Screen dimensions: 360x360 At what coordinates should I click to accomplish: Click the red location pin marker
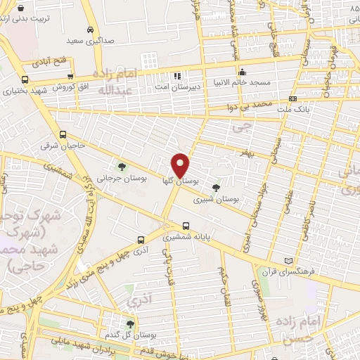click(181, 165)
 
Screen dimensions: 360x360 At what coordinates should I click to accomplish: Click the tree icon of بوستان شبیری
click(216, 188)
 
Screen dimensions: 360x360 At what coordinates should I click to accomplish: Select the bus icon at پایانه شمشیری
click(186, 226)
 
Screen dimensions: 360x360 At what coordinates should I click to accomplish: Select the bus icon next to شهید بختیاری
click(25, 79)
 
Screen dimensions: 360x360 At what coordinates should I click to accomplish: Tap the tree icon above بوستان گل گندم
click(129, 324)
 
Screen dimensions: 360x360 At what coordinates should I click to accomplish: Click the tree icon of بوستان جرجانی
click(122, 167)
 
